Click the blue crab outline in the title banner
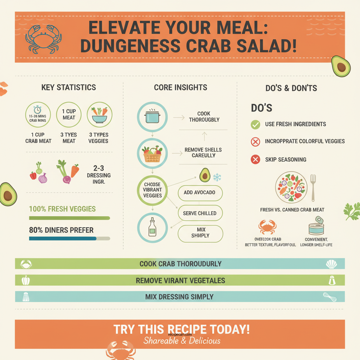click(x=43, y=38)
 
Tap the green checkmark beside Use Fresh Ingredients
click(x=255, y=124)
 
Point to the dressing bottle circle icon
click(x=152, y=227)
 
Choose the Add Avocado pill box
click(x=200, y=193)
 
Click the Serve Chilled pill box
click(x=200, y=213)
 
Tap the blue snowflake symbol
click(x=217, y=178)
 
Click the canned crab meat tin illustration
click(x=316, y=226)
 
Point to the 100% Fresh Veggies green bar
click(x=69, y=218)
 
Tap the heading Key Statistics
click(x=69, y=88)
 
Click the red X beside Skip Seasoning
click(x=255, y=160)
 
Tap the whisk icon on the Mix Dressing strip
click(x=330, y=297)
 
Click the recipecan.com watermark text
click(x=180, y=335)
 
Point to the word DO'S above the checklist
click(x=262, y=108)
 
